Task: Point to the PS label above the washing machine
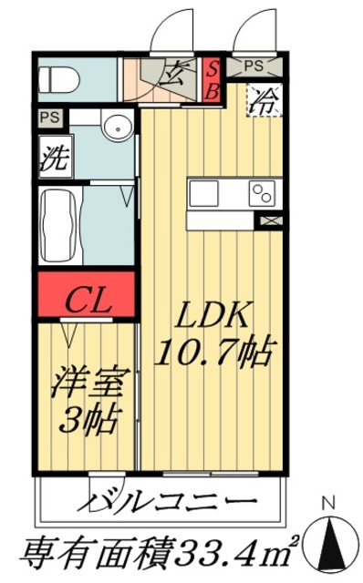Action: click(49, 118)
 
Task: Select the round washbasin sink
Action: click(116, 128)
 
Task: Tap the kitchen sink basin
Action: click(205, 192)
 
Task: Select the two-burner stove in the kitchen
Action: click(262, 192)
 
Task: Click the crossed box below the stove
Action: click(272, 220)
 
